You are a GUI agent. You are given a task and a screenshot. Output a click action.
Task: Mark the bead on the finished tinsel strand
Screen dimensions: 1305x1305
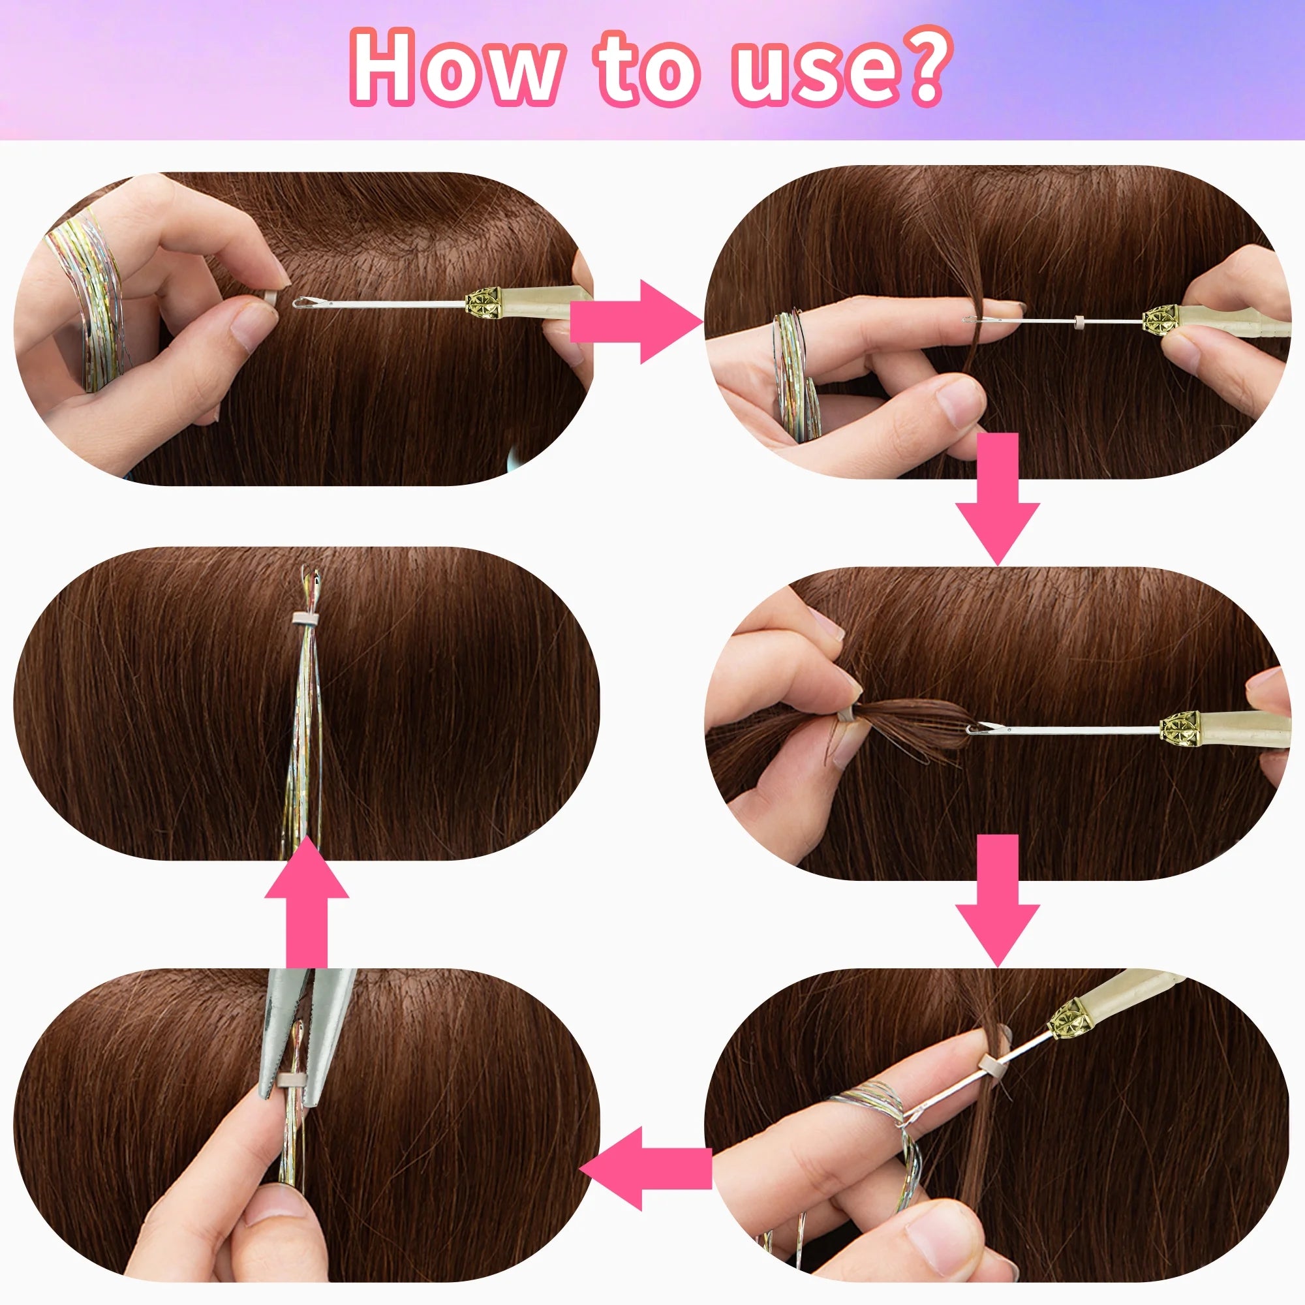[305, 618]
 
